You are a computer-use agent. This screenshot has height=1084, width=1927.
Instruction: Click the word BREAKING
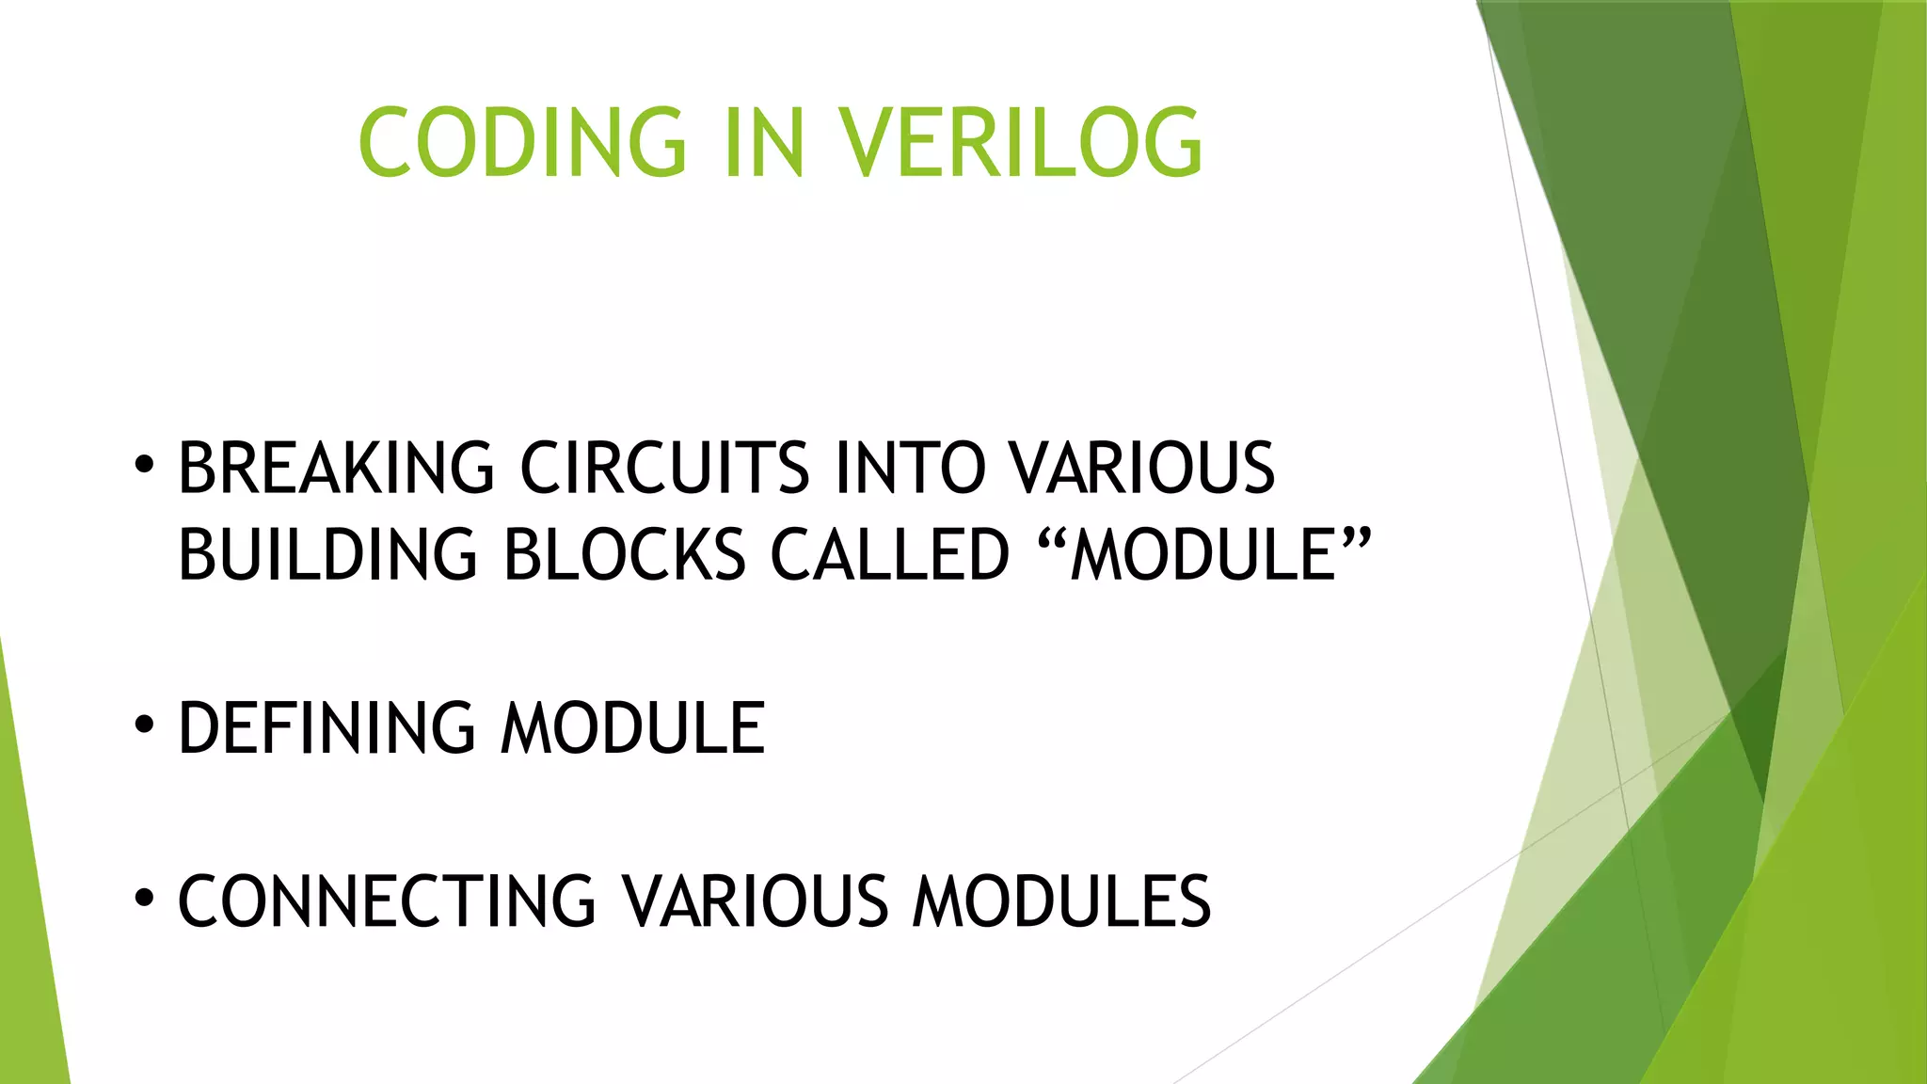point(336,468)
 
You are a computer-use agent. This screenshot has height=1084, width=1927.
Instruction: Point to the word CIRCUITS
point(664,468)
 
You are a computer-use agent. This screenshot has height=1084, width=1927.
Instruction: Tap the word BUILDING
point(327,554)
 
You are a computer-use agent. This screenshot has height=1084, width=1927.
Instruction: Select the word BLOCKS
point(625,554)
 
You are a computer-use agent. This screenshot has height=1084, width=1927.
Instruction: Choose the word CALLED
point(889,554)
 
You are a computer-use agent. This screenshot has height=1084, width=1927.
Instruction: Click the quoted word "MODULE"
point(1204,554)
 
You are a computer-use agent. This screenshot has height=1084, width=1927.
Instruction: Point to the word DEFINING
point(326,728)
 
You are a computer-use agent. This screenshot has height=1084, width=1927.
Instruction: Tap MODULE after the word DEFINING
point(632,728)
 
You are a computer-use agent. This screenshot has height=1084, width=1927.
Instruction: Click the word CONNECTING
point(387,901)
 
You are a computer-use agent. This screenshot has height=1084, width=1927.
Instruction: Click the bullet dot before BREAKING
point(143,464)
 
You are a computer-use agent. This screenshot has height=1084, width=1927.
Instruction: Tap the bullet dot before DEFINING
point(143,725)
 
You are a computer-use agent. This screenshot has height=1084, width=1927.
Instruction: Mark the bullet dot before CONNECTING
point(143,898)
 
